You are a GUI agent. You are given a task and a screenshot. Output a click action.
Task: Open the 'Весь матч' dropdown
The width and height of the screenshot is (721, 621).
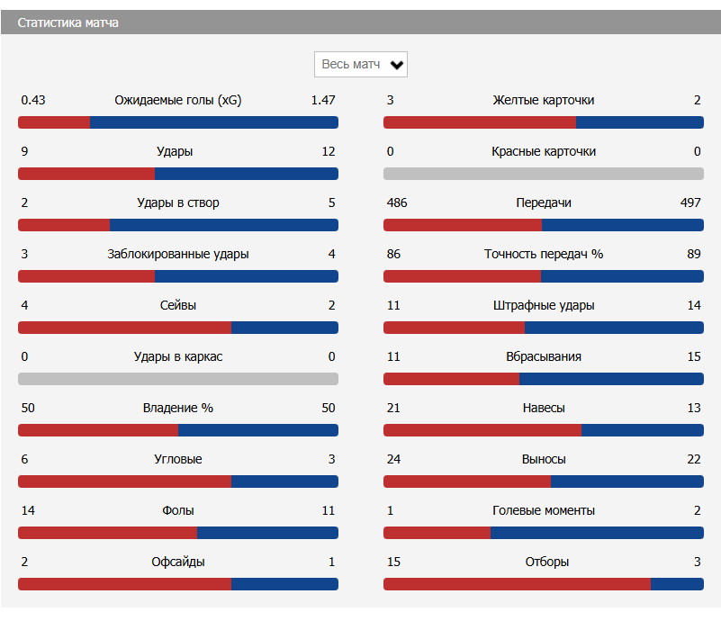coord(361,65)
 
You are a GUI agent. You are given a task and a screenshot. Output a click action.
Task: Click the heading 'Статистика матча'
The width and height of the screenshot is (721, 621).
coord(68,22)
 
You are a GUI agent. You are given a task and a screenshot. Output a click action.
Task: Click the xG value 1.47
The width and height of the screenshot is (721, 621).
coord(322,100)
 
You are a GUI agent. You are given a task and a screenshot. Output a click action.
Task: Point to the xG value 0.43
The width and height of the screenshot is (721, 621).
coord(33,100)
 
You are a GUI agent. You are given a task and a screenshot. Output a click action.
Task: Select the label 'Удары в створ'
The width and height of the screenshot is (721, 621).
coord(177,202)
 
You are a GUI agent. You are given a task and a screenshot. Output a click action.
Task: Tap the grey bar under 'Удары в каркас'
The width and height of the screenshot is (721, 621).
coord(178,379)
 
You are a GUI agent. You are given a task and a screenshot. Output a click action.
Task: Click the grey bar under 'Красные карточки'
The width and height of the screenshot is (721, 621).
coord(544,174)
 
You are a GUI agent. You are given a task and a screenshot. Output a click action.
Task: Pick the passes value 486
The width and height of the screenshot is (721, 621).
coord(397,202)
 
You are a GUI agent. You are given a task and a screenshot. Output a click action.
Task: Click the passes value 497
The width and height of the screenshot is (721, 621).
coord(690,202)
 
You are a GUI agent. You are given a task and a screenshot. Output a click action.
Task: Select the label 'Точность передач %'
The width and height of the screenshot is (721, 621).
coord(544,254)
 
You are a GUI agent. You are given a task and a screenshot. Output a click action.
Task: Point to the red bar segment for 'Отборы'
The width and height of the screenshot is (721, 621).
coord(517,584)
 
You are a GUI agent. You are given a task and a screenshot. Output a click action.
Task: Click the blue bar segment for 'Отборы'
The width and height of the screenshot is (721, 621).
coord(677,584)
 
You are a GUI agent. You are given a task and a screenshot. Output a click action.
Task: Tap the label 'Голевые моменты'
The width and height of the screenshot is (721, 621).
coord(544,510)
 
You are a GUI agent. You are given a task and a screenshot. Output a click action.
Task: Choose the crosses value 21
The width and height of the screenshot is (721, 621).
coord(393,408)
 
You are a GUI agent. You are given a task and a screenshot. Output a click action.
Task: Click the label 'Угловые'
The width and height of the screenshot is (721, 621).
coord(178,459)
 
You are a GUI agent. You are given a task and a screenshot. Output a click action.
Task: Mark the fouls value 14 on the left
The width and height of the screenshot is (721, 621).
coord(28,510)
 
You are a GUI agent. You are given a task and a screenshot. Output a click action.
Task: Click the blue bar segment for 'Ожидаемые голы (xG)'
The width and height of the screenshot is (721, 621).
coord(214,122)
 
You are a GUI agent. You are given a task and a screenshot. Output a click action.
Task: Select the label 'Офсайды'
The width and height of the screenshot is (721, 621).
coord(178,562)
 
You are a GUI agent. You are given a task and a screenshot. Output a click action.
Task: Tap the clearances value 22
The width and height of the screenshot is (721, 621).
coord(693,459)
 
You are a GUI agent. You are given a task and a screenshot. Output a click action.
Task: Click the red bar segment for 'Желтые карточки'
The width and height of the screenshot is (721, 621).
coord(480,122)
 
